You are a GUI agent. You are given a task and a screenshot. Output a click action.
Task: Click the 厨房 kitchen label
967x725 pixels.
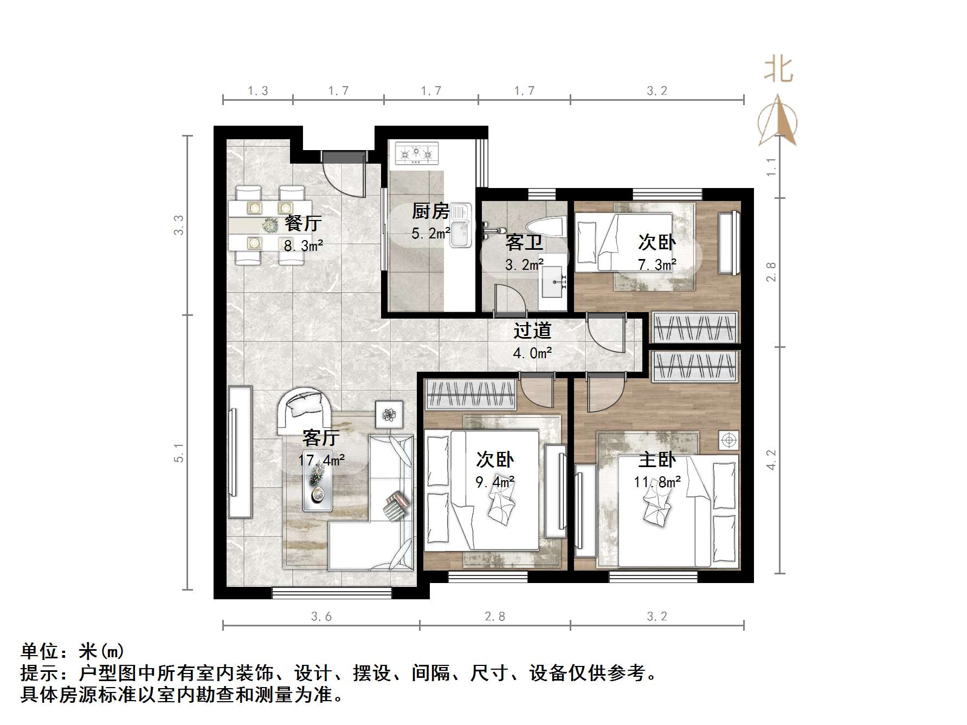tap(430, 211)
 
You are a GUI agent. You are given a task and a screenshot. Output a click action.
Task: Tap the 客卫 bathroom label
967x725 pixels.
tap(524, 242)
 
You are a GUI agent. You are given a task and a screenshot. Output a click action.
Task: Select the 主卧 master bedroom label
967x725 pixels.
tap(657, 459)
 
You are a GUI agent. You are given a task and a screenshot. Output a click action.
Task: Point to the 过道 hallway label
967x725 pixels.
tap(532, 330)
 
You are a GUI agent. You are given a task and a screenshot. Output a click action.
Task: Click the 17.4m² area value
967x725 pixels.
tap(321, 461)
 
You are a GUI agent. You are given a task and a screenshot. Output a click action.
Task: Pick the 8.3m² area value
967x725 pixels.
tap(304, 245)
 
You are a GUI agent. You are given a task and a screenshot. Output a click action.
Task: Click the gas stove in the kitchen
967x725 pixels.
tap(416, 153)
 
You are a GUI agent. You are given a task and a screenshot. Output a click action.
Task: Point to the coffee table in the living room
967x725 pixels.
tap(317, 487)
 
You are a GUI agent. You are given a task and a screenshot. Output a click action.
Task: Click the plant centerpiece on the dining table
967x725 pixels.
tap(270, 225)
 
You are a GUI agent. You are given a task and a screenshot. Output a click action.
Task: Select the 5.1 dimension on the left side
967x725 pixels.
tap(179, 452)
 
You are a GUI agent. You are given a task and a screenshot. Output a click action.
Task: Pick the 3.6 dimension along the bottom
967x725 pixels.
tap(321, 616)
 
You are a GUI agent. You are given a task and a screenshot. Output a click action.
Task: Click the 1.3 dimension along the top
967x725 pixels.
tap(258, 91)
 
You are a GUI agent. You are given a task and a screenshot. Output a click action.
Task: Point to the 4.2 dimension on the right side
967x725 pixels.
tap(771, 459)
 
